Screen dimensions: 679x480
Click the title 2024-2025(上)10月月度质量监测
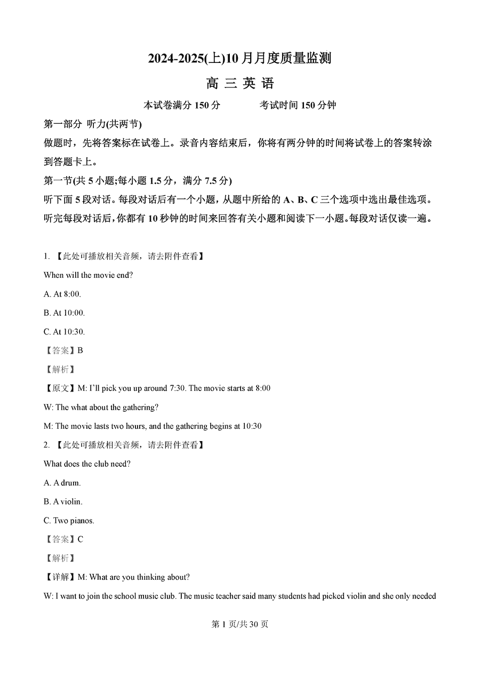click(239, 58)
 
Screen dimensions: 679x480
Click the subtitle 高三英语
click(239, 84)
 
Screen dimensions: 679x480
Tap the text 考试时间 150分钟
click(298, 105)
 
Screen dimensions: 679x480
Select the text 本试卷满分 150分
click(182, 105)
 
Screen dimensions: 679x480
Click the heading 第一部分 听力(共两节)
click(92, 124)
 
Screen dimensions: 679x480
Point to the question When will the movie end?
click(88, 275)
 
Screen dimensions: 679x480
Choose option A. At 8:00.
click(62, 294)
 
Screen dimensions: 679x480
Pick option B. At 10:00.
click(64, 313)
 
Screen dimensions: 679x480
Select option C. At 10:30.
click(64, 332)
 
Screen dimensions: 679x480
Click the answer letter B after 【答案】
click(80, 350)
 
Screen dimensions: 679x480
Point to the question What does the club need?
click(87, 464)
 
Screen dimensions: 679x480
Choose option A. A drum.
click(62, 483)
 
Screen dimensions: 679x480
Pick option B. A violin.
click(63, 502)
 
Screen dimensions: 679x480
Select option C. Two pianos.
click(69, 521)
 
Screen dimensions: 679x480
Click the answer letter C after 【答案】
click(80, 539)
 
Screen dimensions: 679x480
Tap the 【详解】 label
click(60, 577)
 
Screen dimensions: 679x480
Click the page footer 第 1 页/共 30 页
click(239, 624)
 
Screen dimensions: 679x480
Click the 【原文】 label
click(60, 388)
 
